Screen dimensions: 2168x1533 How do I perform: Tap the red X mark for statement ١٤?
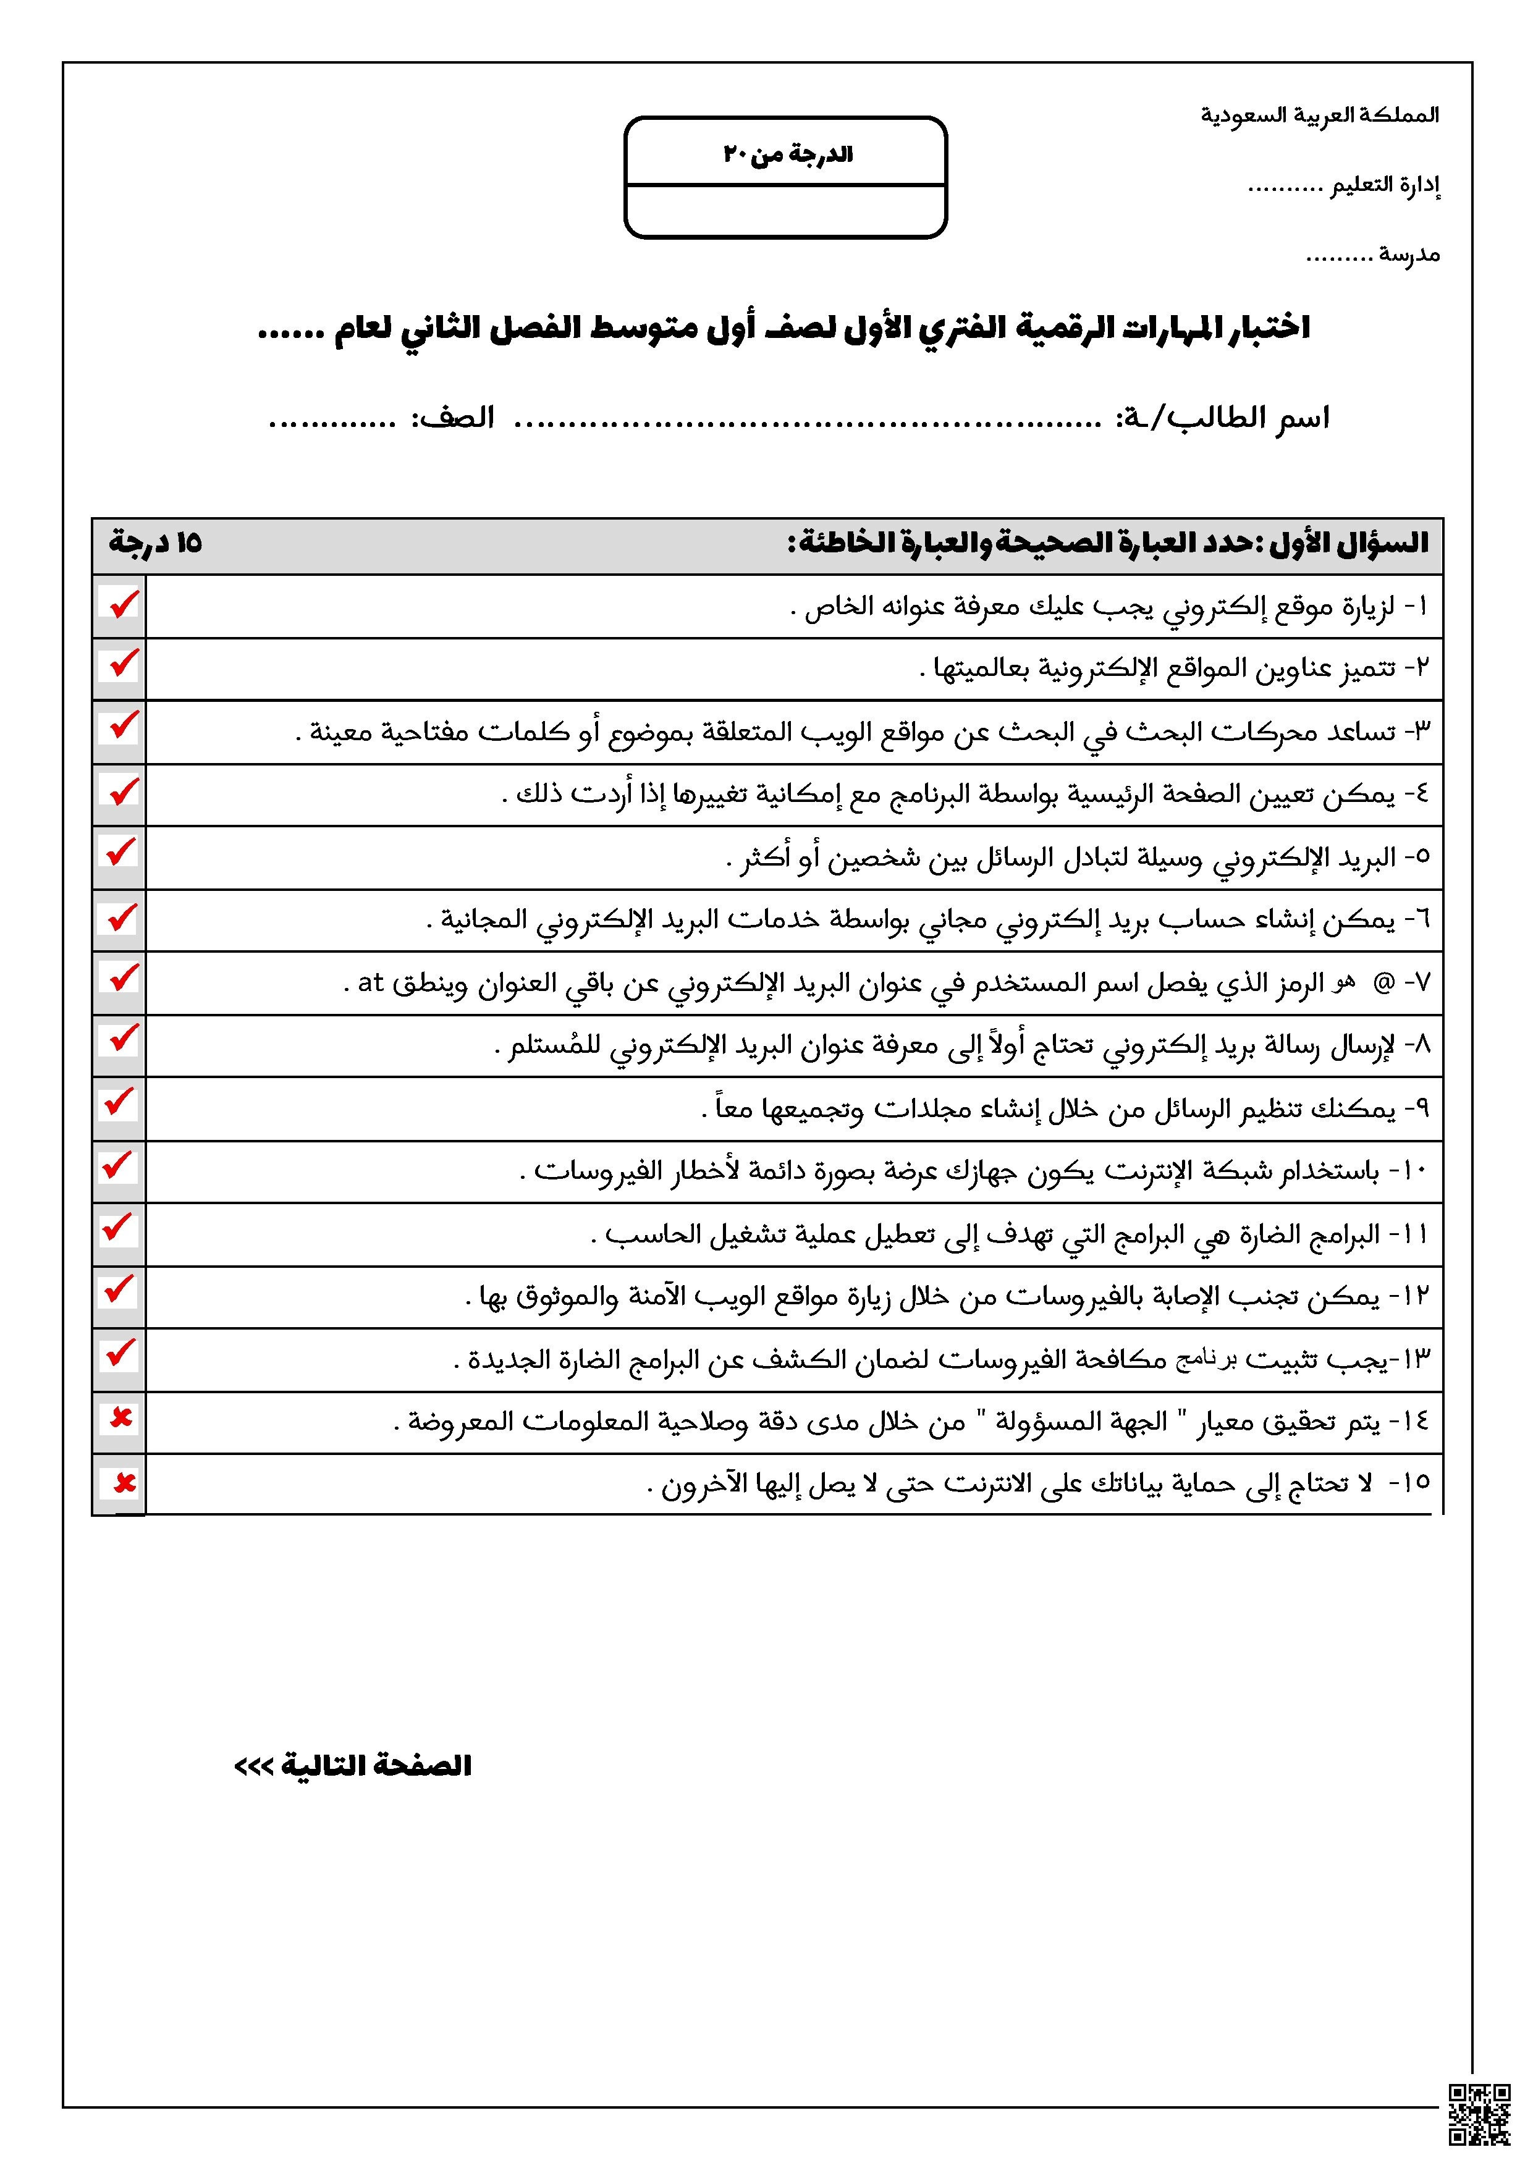(121, 1419)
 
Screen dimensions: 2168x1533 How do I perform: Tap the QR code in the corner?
(1479, 2115)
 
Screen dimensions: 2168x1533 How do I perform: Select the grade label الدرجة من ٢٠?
(788, 154)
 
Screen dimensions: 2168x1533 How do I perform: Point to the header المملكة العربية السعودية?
(1320, 115)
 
